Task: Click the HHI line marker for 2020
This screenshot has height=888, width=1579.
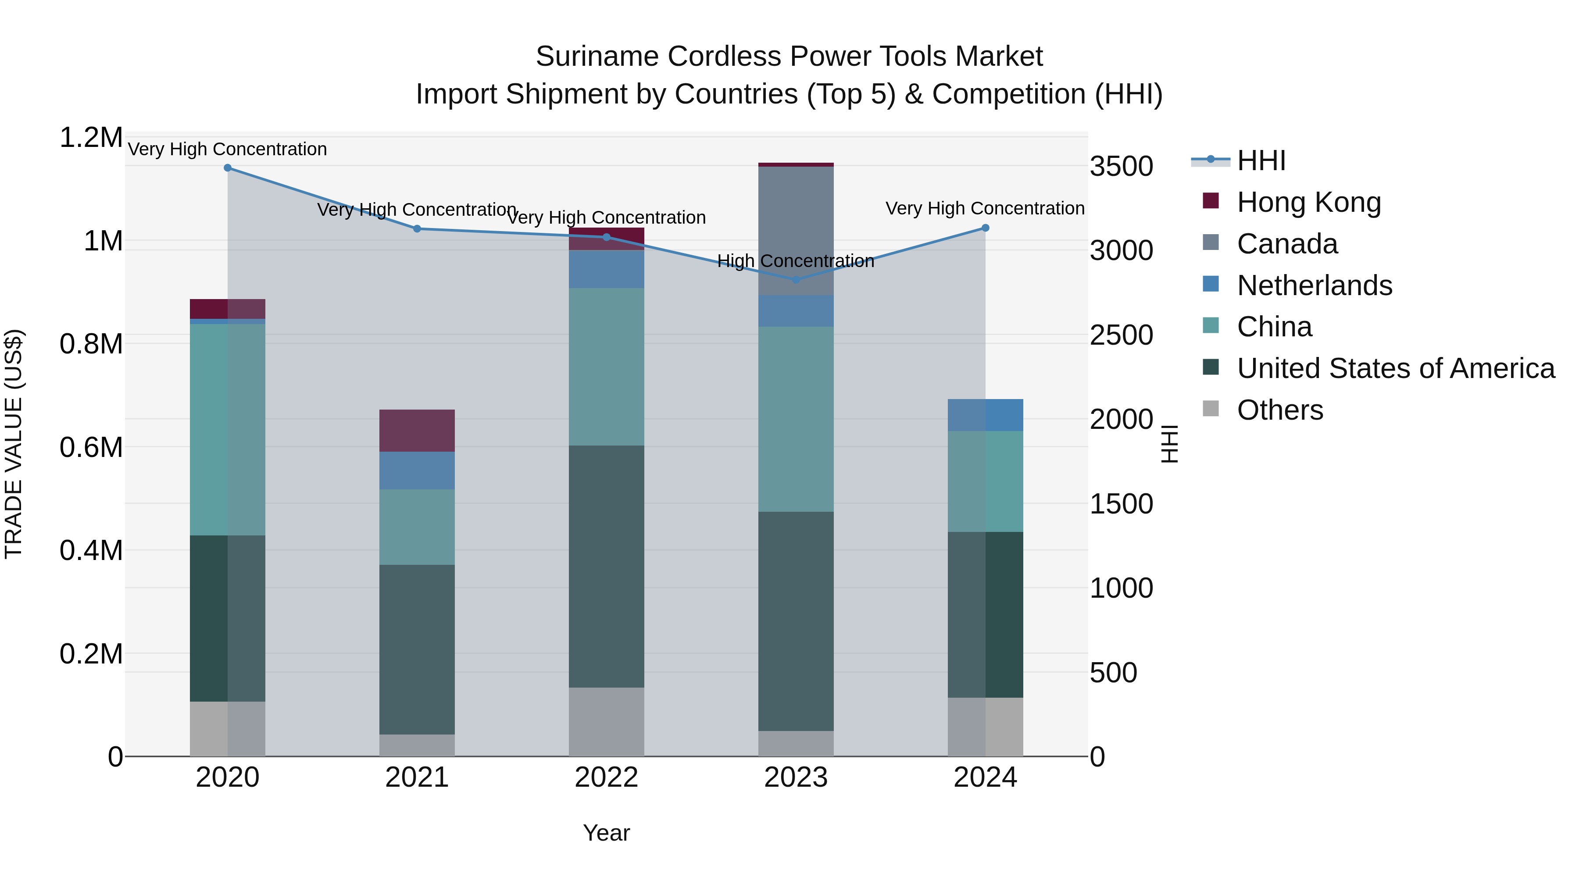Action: click(227, 168)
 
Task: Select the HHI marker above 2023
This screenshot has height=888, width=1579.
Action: click(796, 279)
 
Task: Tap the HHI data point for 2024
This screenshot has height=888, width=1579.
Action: click(985, 228)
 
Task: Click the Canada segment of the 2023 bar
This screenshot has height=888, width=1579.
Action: click(796, 230)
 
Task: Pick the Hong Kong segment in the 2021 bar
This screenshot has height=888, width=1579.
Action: click(417, 430)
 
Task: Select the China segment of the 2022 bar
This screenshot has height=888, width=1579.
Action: click(606, 367)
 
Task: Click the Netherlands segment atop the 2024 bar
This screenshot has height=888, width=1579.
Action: click(985, 415)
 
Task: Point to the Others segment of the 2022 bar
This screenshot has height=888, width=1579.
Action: click(606, 721)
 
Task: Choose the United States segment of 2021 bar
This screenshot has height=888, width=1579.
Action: click(417, 649)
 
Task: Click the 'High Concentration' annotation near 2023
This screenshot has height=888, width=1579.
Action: click(795, 261)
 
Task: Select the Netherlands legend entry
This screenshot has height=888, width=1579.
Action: click(1314, 285)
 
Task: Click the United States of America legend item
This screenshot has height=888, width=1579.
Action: click(1395, 368)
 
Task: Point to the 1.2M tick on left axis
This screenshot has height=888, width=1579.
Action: click(91, 138)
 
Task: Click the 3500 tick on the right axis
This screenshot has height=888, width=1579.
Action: click(1121, 167)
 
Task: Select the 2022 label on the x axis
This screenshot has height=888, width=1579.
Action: click(606, 777)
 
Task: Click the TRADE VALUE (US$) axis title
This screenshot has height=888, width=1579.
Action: click(14, 444)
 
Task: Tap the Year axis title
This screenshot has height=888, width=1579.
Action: click(606, 833)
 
